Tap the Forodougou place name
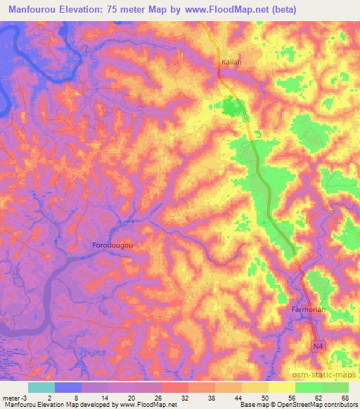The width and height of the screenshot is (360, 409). point(113,245)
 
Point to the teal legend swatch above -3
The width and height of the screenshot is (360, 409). point(41,387)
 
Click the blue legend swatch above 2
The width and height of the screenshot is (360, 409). point(67,387)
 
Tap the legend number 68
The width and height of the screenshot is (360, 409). point(344,397)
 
